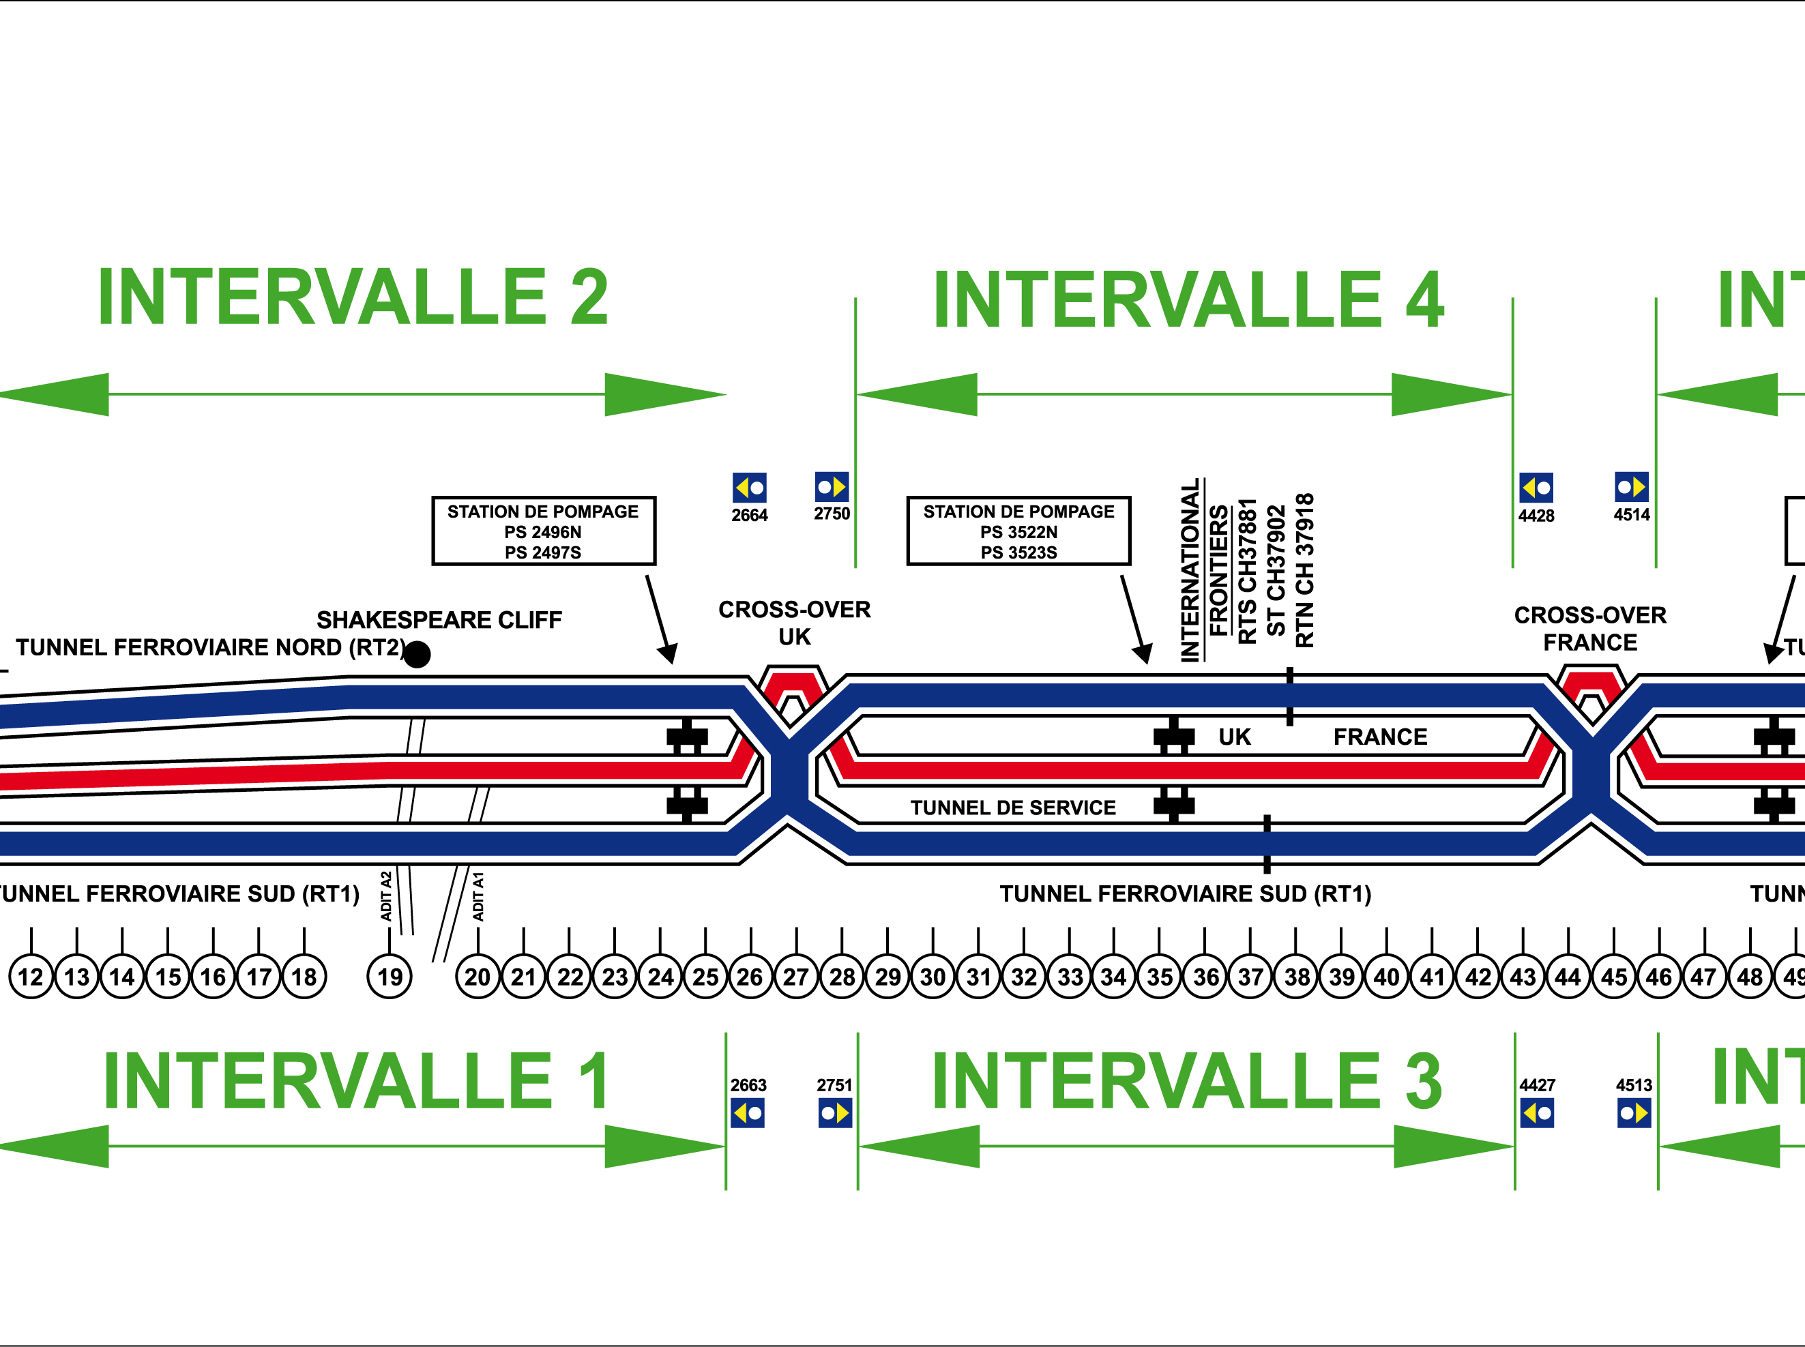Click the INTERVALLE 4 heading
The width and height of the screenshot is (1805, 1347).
coord(1188,300)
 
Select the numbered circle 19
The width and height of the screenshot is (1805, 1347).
coord(390,976)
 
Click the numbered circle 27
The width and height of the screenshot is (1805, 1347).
coord(796,976)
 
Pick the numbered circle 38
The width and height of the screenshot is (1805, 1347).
coord(1296,976)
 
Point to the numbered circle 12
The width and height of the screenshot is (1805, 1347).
coord(31,976)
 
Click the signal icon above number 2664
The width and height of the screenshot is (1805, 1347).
coord(750,488)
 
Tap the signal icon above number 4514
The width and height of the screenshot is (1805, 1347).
coord(1632,487)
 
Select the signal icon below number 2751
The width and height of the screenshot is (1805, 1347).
coord(835,1113)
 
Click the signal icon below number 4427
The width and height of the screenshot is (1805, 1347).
coord(1538,1113)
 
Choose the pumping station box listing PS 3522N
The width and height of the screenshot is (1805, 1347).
coord(1018,531)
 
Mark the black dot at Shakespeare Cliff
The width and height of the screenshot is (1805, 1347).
coord(417,654)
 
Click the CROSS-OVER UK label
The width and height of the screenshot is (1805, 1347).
coord(795,623)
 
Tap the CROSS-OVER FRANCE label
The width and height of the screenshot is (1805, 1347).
coord(1591,629)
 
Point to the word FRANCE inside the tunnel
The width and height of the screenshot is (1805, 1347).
coord(1380,737)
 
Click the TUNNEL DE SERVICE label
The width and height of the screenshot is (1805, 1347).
coord(1013,808)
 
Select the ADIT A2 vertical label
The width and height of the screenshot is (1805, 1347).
coord(387,896)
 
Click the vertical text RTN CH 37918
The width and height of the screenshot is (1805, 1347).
coord(1305,571)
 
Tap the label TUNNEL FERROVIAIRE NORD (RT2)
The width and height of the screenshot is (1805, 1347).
coord(210,647)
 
